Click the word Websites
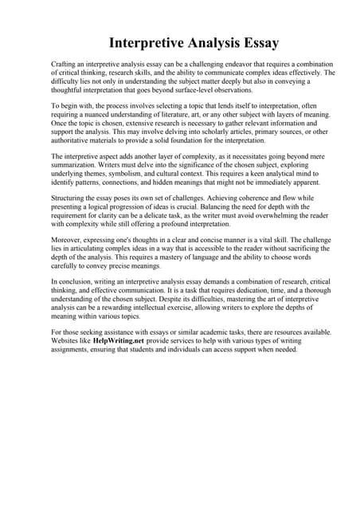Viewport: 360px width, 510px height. coord(69,339)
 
